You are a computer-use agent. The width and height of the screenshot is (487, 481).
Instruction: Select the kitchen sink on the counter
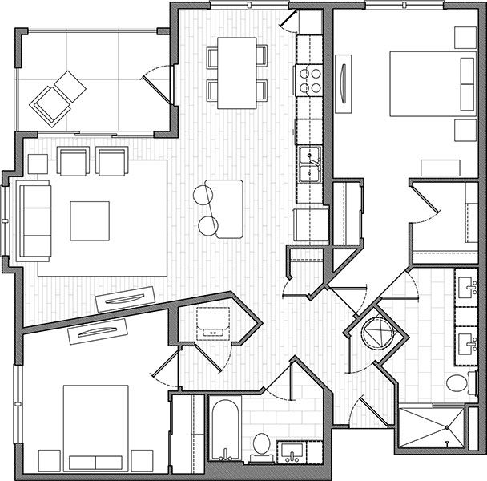[309, 164]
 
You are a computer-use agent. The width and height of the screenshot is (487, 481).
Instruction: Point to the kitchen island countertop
[225, 208]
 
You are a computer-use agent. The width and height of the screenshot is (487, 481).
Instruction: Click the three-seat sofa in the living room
[34, 216]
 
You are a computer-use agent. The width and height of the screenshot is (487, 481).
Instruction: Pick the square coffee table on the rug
[89, 220]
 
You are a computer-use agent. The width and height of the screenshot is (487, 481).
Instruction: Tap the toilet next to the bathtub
[260, 444]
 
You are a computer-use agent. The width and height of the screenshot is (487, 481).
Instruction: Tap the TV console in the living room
[122, 300]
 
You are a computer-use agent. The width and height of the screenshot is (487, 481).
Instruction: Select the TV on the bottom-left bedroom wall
[101, 330]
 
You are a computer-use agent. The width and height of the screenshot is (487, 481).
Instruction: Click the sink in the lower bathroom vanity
[289, 454]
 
